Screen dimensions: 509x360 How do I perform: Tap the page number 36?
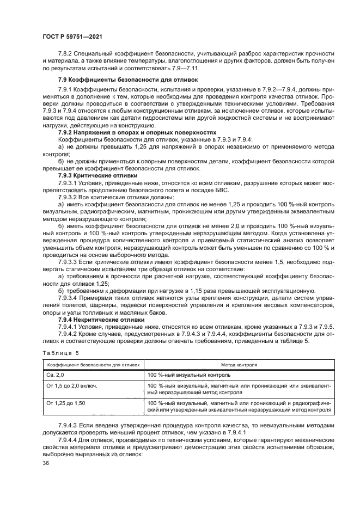(45, 463)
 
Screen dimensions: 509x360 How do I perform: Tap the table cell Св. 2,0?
(56, 375)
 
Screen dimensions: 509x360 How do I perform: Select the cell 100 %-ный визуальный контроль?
(189, 375)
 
